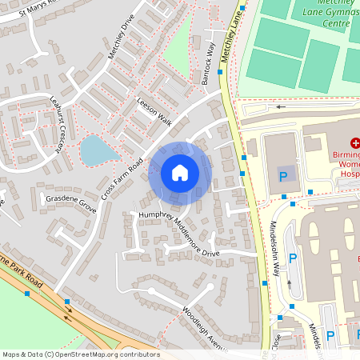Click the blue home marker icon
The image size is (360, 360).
click(180, 173)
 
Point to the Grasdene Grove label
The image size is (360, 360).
click(70, 198)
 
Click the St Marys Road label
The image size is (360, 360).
click(32, 7)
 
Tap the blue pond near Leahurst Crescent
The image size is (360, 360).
click(95, 150)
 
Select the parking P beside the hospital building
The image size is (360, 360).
click(282, 175)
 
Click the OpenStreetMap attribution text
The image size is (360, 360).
click(80, 354)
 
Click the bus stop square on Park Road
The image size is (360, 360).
click(29, 294)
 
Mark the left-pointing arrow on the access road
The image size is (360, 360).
click(279, 106)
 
